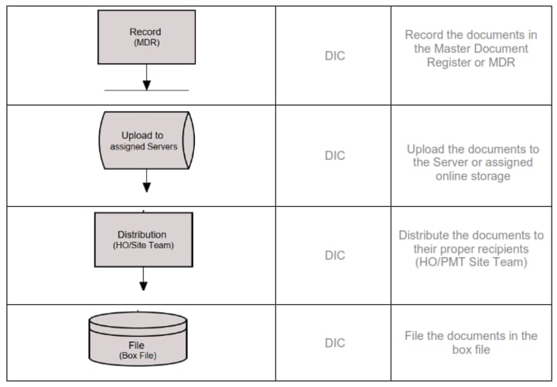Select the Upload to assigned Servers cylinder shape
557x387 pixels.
[145, 141]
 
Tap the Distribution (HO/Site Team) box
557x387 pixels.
[144, 239]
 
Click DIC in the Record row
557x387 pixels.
[334, 56]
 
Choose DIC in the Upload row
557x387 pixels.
[334, 155]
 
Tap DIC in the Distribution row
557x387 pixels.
[334, 255]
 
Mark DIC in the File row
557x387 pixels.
[334, 343]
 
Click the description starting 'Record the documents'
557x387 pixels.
[470, 49]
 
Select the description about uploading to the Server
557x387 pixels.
[472, 162]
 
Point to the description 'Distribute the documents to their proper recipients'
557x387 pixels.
[471, 249]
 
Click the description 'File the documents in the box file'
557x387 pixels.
[470, 342]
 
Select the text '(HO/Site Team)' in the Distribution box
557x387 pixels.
[144, 246]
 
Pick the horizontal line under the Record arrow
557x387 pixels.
[146, 90]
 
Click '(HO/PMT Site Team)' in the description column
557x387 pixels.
[471, 263]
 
